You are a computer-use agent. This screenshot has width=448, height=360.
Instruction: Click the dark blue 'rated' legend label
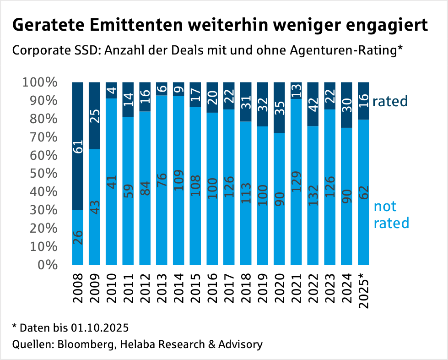coord(390,101)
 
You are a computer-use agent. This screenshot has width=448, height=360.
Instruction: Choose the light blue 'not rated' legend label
coord(391,215)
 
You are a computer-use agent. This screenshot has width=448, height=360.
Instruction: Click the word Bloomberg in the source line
coord(85,344)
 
